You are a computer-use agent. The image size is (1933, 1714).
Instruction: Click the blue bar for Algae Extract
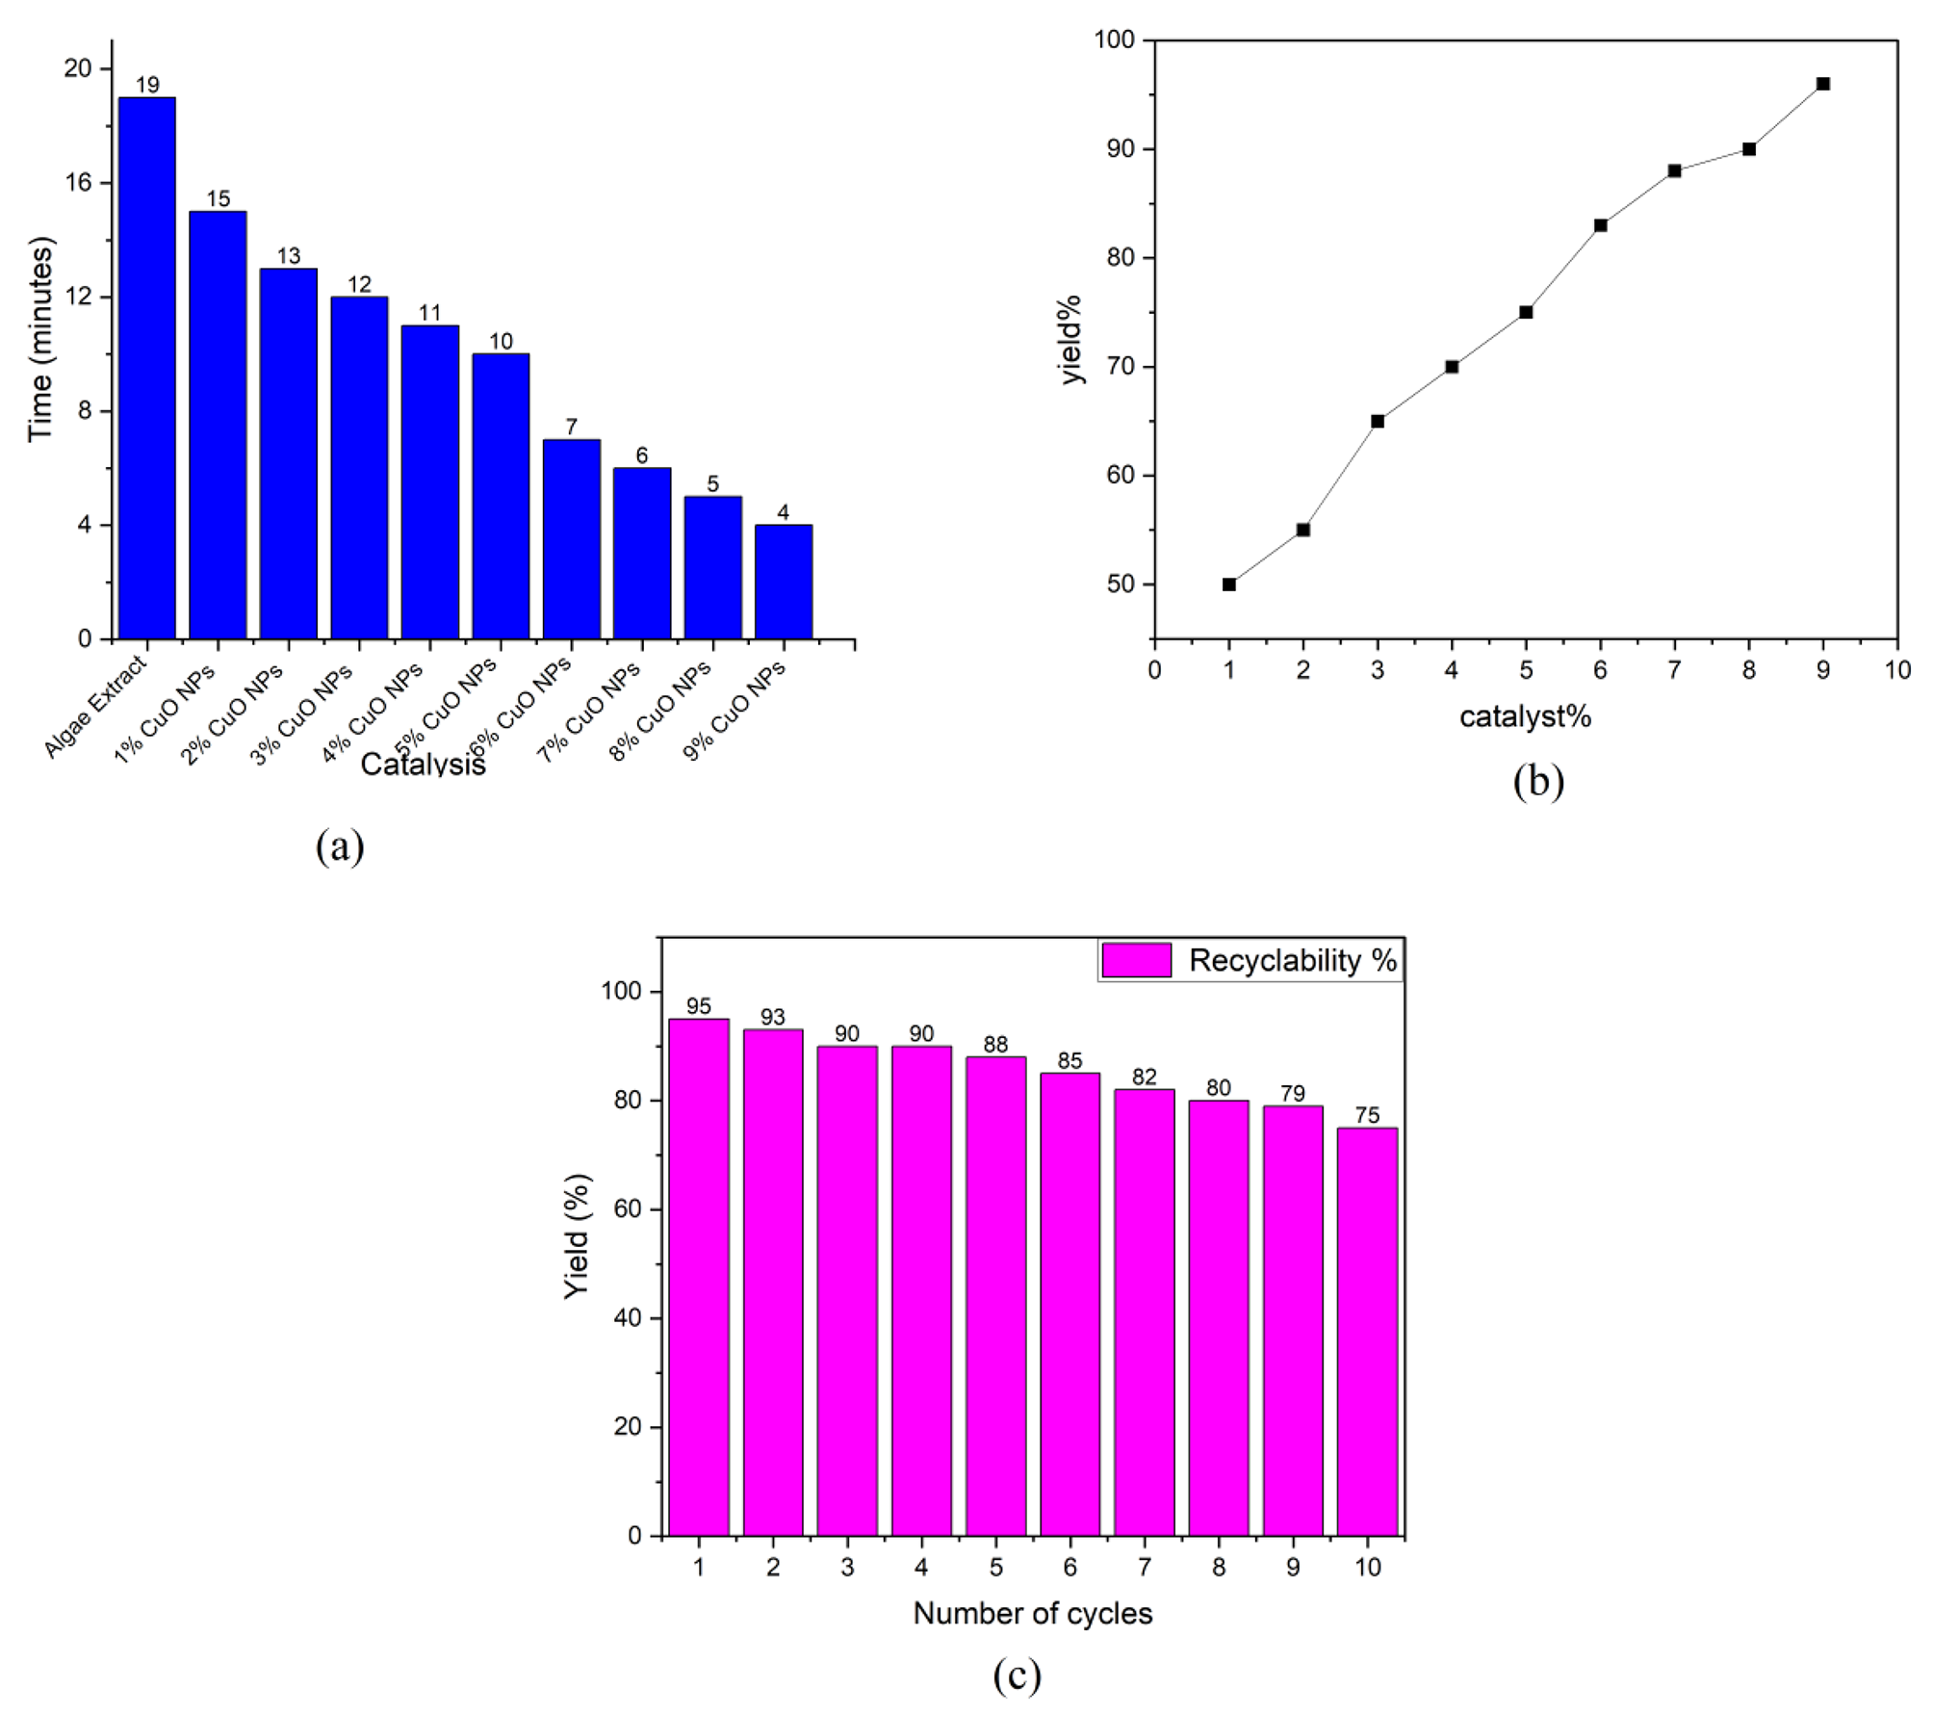pyautogui.click(x=146, y=368)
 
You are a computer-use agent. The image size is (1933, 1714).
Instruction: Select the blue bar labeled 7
pyautogui.click(x=572, y=539)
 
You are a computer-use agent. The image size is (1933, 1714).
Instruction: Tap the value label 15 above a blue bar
pyautogui.click(x=219, y=199)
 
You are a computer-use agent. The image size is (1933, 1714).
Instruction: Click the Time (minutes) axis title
pyautogui.click(x=40, y=340)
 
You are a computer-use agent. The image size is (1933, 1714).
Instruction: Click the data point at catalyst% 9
pyautogui.click(x=1822, y=84)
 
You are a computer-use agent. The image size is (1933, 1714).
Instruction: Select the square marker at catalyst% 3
pyautogui.click(x=1378, y=421)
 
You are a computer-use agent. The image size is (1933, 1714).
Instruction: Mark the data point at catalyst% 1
pyautogui.click(x=1229, y=584)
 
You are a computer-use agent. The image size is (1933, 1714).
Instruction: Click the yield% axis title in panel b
pyautogui.click(x=1071, y=340)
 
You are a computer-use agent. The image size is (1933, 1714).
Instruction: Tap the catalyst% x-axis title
pyautogui.click(x=1525, y=716)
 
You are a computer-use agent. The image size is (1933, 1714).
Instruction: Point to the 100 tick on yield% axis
pyautogui.click(x=1116, y=40)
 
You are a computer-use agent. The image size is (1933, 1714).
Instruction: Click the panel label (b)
pyautogui.click(x=1538, y=781)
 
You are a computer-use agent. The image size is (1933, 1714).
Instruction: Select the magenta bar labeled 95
pyautogui.click(x=699, y=1277)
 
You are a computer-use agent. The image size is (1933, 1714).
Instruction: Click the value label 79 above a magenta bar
pyautogui.click(x=1293, y=1094)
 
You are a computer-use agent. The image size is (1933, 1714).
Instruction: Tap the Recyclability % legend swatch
pyautogui.click(x=1137, y=960)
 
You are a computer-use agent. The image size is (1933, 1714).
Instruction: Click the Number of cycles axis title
pyautogui.click(x=1032, y=1614)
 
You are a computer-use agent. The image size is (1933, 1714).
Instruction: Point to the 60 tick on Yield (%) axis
pyautogui.click(x=628, y=1208)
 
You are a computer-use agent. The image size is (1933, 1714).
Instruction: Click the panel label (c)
pyautogui.click(x=1017, y=1676)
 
